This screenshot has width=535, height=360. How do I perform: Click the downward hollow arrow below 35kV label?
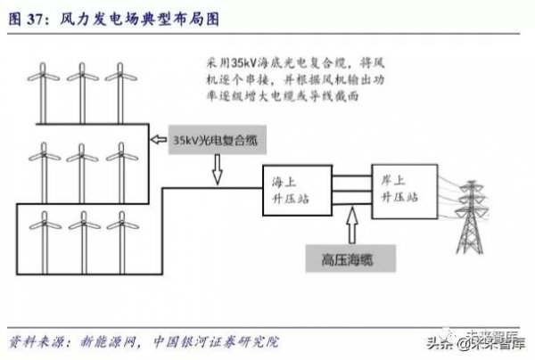216,170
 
